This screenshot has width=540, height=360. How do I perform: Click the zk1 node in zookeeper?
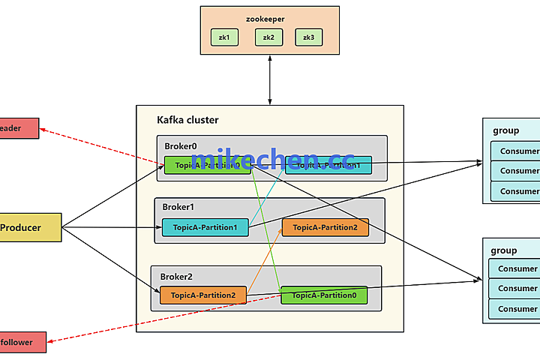pos(223,37)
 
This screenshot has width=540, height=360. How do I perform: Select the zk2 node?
pos(268,37)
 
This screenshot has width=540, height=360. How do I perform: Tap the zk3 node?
pos(308,37)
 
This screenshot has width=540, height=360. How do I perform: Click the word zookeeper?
pos(265,18)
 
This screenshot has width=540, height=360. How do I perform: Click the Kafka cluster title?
pos(187,120)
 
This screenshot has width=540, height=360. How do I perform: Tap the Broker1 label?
pos(178,207)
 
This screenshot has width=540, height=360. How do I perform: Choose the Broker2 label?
pos(177,276)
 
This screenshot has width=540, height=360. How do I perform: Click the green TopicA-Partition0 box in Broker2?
pos(324,295)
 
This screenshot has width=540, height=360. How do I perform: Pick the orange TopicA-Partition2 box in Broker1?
pos(325,227)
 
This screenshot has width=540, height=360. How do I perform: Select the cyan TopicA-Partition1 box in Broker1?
pos(205,227)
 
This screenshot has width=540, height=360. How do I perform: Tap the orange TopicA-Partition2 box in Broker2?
pos(202,295)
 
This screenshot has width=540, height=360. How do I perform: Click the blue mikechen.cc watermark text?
pos(272,160)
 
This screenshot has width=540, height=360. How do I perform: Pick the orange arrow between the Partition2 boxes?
pos(264,262)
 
